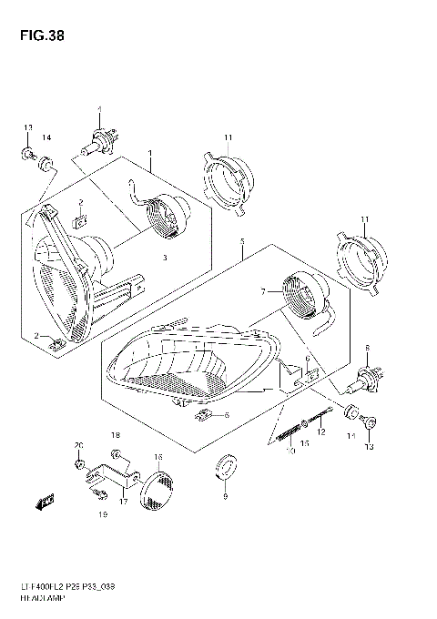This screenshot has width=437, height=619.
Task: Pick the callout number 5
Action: tap(241, 244)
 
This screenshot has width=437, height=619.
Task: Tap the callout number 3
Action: tap(166, 259)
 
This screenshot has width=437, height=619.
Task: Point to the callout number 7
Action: tap(263, 292)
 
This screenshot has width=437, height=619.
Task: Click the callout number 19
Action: tap(102, 515)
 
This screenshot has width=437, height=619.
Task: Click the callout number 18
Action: tap(116, 435)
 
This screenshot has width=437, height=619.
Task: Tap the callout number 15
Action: tap(306, 443)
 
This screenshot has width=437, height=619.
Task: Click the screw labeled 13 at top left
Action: tap(28, 151)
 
